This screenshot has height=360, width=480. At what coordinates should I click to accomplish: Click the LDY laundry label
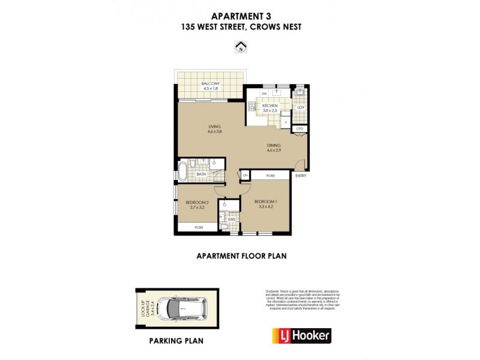click(x=301, y=107)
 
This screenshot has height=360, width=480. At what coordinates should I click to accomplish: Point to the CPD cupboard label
click(x=301, y=129)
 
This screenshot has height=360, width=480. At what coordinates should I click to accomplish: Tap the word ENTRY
click(x=301, y=176)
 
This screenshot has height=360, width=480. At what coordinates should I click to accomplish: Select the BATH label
click(x=201, y=175)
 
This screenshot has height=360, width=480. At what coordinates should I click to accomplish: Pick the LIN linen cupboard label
click(x=245, y=175)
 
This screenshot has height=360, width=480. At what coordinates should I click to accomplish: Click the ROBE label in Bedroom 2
click(x=197, y=228)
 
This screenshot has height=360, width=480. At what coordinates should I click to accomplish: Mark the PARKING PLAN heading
click(x=176, y=341)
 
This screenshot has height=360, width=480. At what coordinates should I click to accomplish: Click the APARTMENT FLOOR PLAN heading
click(x=241, y=256)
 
